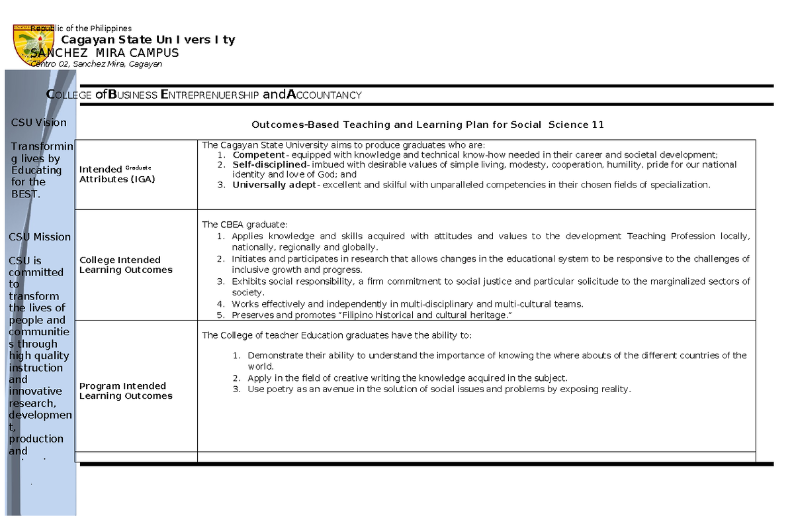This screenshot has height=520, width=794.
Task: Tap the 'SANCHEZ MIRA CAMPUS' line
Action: (x=105, y=53)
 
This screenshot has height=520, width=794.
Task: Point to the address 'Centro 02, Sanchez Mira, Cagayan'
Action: (x=97, y=64)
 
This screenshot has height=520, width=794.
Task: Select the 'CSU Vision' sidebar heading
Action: (x=38, y=123)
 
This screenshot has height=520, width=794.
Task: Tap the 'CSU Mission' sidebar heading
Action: (x=40, y=237)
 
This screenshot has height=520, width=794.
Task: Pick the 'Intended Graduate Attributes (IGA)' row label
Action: (x=117, y=174)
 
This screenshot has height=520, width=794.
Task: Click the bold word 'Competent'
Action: (x=258, y=155)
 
